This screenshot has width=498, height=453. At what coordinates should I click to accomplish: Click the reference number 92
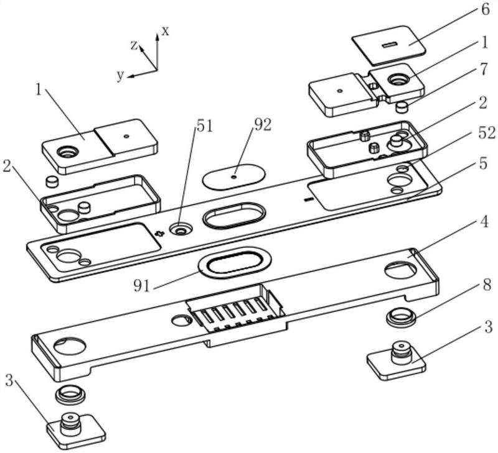point(262,126)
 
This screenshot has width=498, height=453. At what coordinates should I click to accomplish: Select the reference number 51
point(205,127)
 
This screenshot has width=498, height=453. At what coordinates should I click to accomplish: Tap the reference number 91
point(141,286)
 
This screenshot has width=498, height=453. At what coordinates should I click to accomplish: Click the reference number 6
point(486,9)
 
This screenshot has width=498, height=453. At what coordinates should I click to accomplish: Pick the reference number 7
point(484,70)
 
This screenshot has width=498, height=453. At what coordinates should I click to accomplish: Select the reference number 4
point(484,222)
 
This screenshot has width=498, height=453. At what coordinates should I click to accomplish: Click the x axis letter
point(166,31)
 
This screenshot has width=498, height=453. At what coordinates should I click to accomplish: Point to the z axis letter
point(134,45)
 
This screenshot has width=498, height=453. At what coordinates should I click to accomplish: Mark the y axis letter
point(120,75)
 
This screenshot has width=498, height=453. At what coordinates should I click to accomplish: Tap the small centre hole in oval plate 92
point(234,177)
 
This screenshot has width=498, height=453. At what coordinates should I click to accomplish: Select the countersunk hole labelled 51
point(181,229)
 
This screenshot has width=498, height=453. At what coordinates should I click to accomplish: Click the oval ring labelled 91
point(235,262)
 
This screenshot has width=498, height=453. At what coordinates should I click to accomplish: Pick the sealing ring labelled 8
point(401,317)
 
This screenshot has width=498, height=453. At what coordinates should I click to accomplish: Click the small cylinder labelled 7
point(402,107)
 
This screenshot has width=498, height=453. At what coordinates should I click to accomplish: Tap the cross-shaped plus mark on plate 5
point(159,234)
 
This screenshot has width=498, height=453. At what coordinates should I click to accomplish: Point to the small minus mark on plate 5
point(308,199)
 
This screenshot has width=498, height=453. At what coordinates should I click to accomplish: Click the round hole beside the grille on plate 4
point(182,320)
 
